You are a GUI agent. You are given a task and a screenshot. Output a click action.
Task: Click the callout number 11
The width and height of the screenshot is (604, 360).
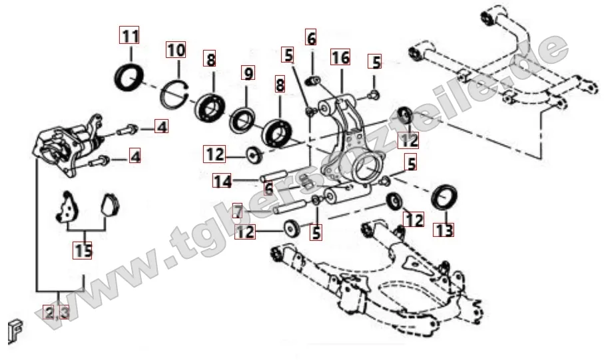(x=129, y=36)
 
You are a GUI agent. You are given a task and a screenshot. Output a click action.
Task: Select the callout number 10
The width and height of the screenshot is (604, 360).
(x=176, y=50)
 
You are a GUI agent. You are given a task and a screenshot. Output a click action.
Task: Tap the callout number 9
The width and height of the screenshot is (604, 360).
(x=248, y=73)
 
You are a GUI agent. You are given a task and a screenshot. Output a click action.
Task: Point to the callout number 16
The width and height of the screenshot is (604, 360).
(x=340, y=57)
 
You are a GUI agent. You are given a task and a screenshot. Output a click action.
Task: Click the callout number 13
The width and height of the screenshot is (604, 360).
(x=444, y=230)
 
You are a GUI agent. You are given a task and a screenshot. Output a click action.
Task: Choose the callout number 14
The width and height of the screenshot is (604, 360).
(x=222, y=180)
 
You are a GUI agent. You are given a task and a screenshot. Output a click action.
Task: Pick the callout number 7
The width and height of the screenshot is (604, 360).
(x=238, y=212)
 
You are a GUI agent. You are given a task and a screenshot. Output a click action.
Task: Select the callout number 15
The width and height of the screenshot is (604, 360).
(x=83, y=251)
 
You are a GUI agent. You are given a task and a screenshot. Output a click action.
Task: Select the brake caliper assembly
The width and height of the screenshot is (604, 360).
(x=69, y=146)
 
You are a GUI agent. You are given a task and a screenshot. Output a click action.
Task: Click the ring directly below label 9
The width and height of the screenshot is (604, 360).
(x=242, y=120)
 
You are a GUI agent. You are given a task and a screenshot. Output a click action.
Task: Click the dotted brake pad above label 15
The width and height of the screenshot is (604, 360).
(x=67, y=207)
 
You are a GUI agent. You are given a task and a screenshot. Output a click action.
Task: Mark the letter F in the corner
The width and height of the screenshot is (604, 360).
(x=15, y=329)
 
